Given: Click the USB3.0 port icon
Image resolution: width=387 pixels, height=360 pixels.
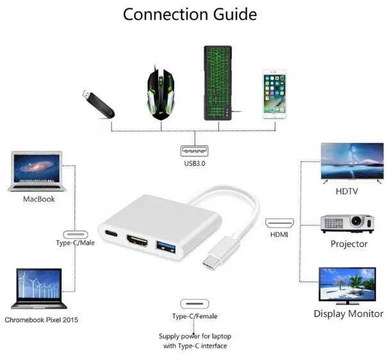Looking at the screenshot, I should (x=195, y=152).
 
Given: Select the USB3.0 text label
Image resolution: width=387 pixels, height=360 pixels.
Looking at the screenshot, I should (x=195, y=164).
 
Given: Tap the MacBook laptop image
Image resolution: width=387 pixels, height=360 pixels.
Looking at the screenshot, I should (x=37, y=171).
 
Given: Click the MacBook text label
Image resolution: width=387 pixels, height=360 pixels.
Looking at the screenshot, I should (x=39, y=199).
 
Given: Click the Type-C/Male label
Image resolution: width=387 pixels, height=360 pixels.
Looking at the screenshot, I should (x=75, y=243).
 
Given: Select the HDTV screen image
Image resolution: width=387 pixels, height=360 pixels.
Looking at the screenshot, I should (x=352, y=162).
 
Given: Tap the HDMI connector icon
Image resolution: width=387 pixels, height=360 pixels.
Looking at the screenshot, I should (x=279, y=223).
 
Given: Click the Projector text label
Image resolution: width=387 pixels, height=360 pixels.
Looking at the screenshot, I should (x=349, y=244).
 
